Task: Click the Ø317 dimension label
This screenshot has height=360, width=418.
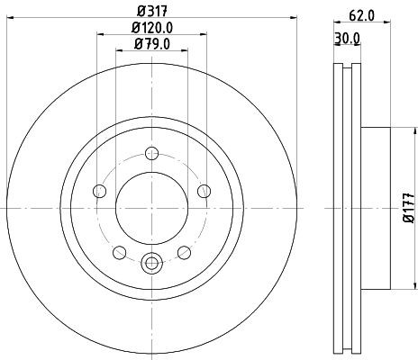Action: [152, 12]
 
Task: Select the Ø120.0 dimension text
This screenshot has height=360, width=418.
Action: [152, 28]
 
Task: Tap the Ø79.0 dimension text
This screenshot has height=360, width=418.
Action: [152, 44]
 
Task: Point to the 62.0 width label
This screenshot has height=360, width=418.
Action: [362, 15]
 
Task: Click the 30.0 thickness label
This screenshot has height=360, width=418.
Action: [348, 38]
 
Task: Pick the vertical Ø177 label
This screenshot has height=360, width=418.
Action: [409, 208]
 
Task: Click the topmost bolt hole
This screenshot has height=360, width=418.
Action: [151, 154]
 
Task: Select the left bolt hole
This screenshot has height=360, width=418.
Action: [100, 191]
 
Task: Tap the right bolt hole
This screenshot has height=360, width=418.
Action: [204, 191]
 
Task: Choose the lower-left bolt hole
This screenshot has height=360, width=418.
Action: [120, 252]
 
